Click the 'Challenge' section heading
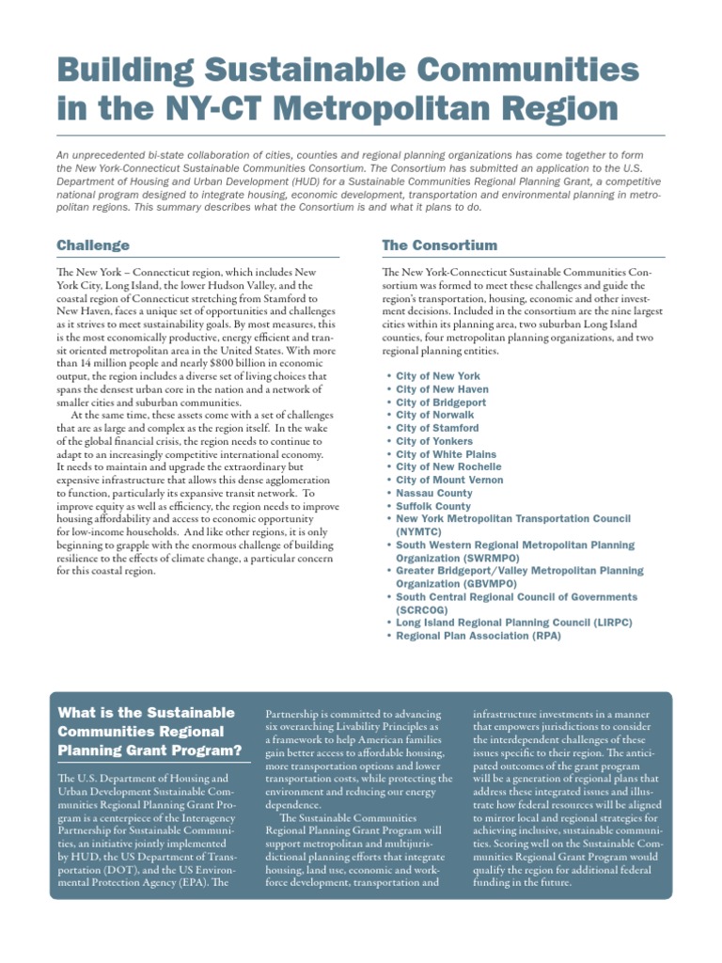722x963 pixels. click(x=93, y=245)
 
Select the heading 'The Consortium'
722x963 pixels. click(x=439, y=245)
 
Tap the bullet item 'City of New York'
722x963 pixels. click(x=437, y=376)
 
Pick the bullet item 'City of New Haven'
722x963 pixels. click(x=442, y=389)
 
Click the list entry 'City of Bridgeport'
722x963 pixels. click(x=442, y=402)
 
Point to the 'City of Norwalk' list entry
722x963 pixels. click(x=434, y=415)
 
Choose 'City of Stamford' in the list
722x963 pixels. click(x=437, y=428)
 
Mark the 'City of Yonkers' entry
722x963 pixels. click(x=435, y=441)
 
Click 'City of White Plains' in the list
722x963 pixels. click(x=447, y=454)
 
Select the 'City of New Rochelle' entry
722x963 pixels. click(x=448, y=466)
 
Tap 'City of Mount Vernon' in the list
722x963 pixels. click(x=449, y=480)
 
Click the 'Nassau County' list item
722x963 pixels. click(x=434, y=493)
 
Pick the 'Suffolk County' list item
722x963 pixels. click(x=434, y=506)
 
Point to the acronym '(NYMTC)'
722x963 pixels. click(x=421, y=531)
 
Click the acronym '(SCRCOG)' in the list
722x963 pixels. click(x=425, y=609)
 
